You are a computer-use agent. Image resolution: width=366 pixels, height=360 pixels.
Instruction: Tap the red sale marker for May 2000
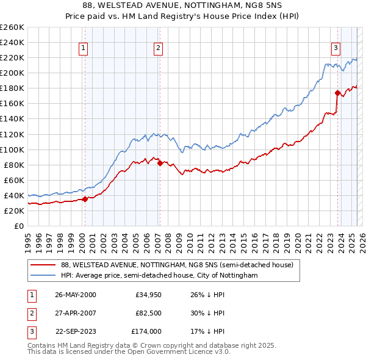pos(85,198)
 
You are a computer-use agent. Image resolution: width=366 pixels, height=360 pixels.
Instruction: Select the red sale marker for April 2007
pos(160,162)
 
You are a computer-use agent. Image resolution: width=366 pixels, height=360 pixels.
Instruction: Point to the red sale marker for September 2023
pos(337,93)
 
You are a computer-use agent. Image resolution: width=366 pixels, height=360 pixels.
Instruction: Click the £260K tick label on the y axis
pos(12,27)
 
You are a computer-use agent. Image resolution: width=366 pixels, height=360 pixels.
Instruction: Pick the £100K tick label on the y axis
pos(12,149)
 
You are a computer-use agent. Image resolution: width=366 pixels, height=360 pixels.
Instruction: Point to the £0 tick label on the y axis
pos(19,226)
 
